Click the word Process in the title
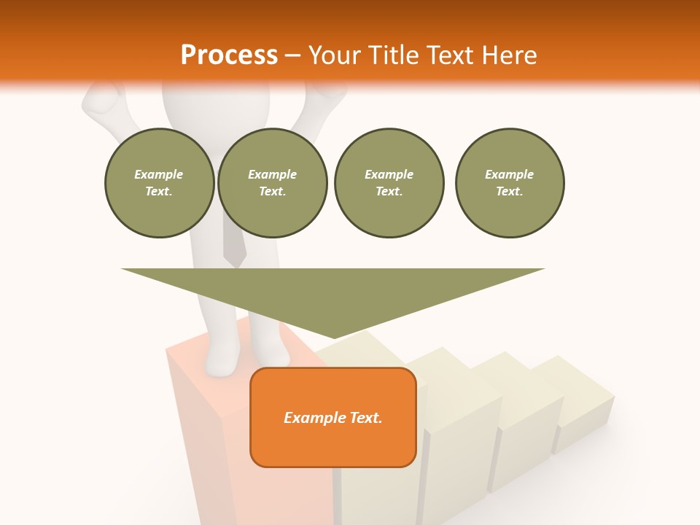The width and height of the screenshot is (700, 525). (x=229, y=55)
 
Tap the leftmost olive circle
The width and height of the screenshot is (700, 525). (x=159, y=183)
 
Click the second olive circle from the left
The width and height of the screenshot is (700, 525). (x=273, y=183)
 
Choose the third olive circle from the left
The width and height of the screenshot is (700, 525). (x=389, y=183)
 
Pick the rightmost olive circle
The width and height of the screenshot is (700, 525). (x=510, y=183)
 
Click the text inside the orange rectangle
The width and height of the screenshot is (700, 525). (x=333, y=418)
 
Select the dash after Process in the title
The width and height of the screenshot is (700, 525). (x=293, y=55)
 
